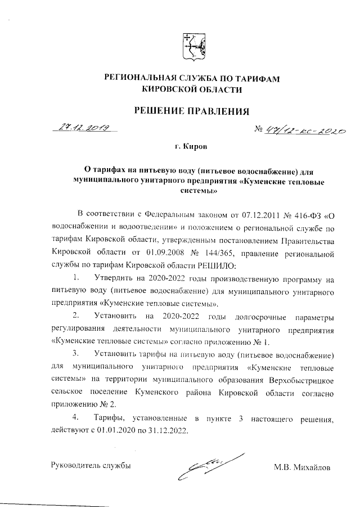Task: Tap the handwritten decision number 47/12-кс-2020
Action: click(300, 130)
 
